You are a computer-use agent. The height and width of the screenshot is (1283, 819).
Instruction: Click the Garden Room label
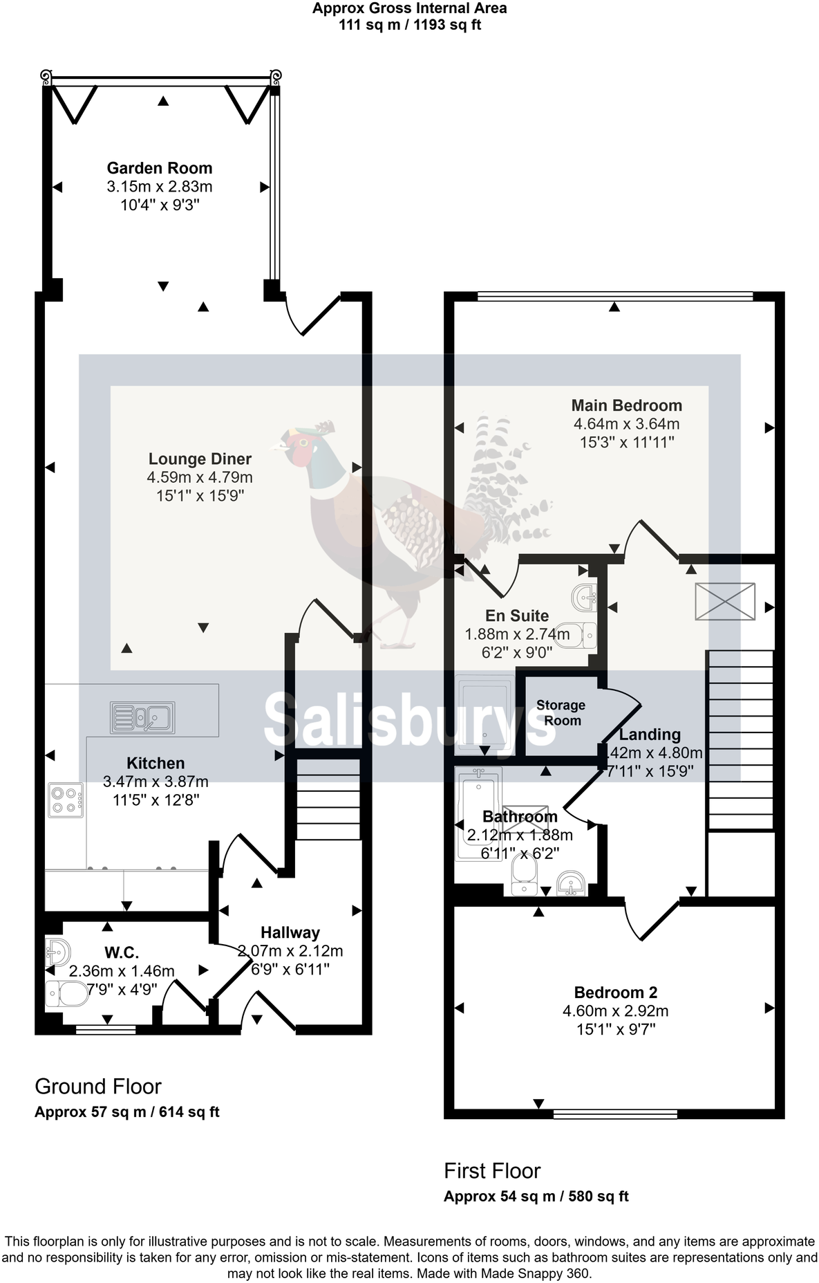[159, 168]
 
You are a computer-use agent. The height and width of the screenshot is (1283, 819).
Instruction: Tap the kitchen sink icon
[142, 717]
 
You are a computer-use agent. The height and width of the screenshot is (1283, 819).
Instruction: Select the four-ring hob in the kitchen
[66, 800]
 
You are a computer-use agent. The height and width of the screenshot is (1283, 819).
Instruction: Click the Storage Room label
[561, 712]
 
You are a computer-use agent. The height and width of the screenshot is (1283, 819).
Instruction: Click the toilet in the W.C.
[66, 995]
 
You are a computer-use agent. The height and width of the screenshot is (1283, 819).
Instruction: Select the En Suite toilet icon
[576, 634]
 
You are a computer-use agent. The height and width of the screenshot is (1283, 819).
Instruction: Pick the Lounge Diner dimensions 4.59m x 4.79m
[199, 477]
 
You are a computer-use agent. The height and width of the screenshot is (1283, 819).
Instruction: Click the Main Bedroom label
[626, 406]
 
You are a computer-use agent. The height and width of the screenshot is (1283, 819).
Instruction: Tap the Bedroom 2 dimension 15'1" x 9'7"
[615, 1029]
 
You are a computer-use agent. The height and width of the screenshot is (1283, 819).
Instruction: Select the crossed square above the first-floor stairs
[724, 600]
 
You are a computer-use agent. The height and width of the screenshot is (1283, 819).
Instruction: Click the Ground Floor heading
[97, 1087]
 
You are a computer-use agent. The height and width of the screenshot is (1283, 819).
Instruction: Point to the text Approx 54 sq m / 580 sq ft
[536, 1197]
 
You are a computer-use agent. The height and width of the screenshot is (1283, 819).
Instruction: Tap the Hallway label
[290, 932]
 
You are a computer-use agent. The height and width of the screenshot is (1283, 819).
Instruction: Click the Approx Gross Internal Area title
[409, 9]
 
